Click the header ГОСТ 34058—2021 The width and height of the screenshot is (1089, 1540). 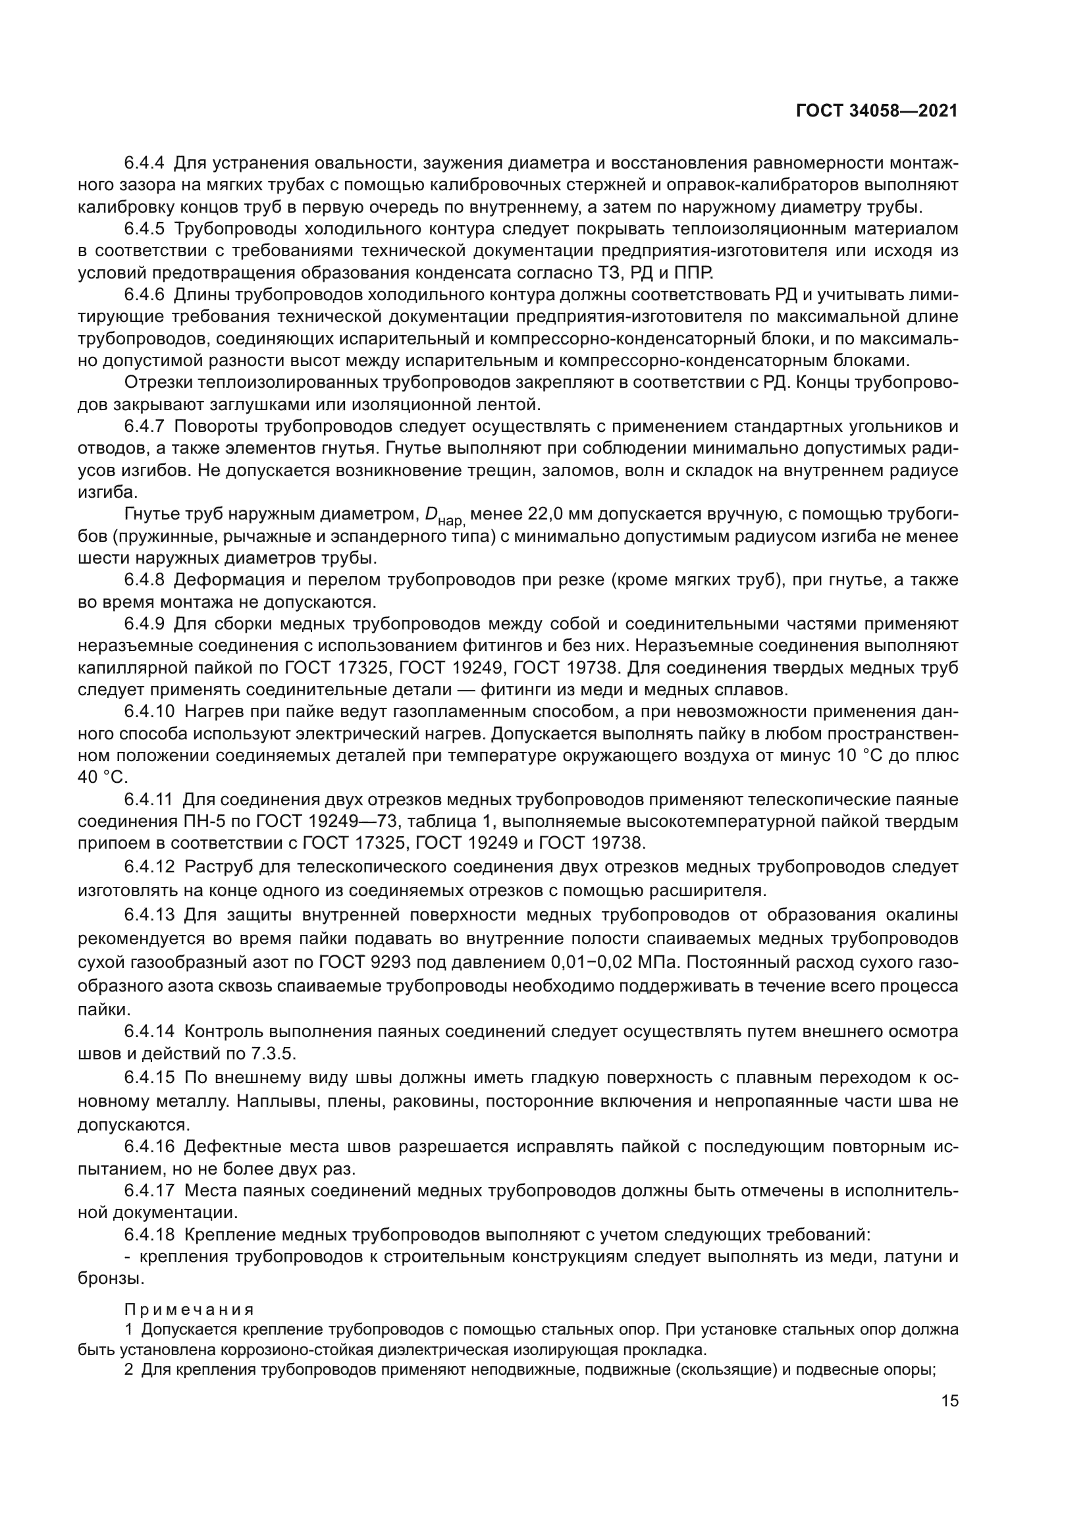876,111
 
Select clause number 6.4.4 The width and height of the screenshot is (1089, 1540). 144,163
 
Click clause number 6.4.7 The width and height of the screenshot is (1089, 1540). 144,427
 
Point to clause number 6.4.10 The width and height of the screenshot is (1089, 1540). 148,712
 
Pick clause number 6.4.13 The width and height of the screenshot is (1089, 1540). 149,915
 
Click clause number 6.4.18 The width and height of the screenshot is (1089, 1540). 149,1234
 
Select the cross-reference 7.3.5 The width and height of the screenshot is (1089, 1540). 273,1053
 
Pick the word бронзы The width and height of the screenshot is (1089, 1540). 111,1279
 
